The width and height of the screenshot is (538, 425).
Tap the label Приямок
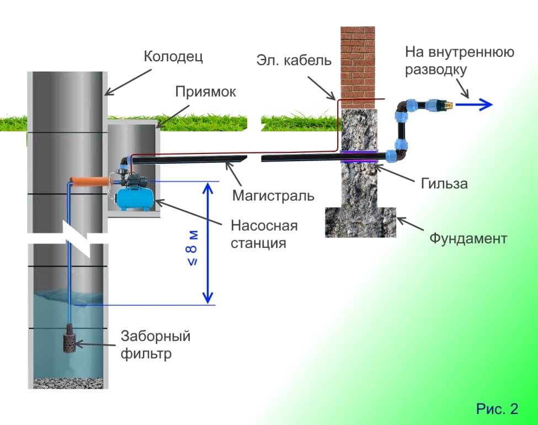[x=206, y=92]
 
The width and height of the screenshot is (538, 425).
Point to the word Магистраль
[x=273, y=195]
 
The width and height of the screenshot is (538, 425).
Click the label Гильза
[x=442, y=183]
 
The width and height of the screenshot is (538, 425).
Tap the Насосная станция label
[x=264, y=234]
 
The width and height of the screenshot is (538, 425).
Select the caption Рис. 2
[x=497, y=409]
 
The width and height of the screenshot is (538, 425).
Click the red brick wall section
[x=358, y=66]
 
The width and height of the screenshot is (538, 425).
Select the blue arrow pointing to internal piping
[x=477, y=104]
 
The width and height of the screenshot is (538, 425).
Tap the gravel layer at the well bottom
[x=66, y=382]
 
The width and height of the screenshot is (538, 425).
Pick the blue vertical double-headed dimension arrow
[x=208, y=243]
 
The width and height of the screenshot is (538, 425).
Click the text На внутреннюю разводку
[x=459, y=61]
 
